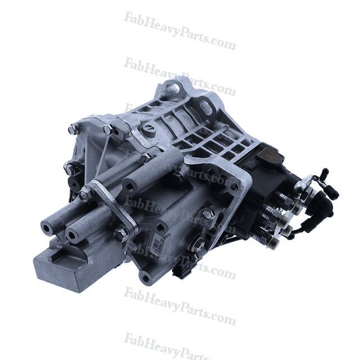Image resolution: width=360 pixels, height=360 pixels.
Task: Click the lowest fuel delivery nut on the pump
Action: [x=273, y=242]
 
